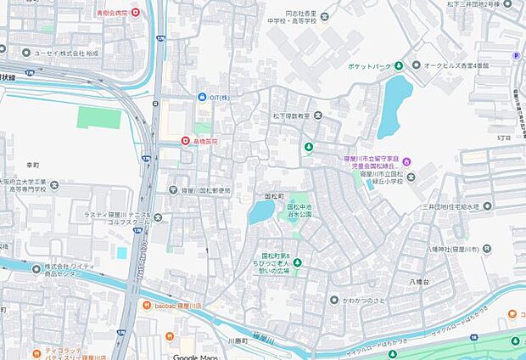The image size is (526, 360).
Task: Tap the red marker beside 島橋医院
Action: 186,140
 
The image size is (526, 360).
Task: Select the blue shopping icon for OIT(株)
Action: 201,98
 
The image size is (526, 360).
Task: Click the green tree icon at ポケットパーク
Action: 415,65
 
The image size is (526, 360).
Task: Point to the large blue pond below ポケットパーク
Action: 394,105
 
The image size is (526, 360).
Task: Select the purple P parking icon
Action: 516,56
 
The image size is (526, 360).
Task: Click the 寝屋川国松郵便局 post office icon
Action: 173,190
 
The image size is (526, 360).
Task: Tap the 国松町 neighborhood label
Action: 273,195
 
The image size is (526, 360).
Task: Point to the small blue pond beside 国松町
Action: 260,212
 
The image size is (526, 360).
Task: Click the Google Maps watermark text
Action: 198,356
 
